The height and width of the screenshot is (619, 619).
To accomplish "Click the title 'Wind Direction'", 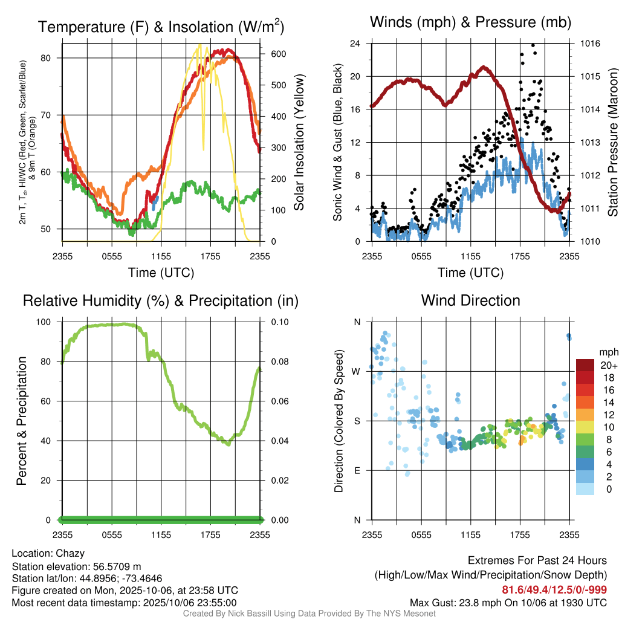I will click(x=470, y=300).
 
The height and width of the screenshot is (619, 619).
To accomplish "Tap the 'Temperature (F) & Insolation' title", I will click(x=161, y=27).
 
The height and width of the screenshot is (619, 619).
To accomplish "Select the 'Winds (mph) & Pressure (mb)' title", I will click(x=470, y=23).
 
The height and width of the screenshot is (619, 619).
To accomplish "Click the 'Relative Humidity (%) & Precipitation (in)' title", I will click(x=161, y=300).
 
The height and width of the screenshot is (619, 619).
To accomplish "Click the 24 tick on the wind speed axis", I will click(x=356, y=44).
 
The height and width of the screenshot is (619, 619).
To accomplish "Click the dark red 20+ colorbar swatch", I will click(x=585, y=365).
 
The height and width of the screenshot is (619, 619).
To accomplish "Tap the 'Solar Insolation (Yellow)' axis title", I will click(x=299, y=143).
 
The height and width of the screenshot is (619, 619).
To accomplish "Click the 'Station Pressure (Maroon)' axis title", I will click(x=612, y=143).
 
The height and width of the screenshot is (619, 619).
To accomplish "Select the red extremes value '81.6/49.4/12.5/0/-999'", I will click(x=554, y=589).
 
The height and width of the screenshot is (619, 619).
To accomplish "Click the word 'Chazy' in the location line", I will click(x=70, y=553).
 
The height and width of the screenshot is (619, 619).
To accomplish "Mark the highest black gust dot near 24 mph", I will click(x=533, y=45).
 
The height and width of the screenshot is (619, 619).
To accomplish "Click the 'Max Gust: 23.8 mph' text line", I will click(x=508, y=602).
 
